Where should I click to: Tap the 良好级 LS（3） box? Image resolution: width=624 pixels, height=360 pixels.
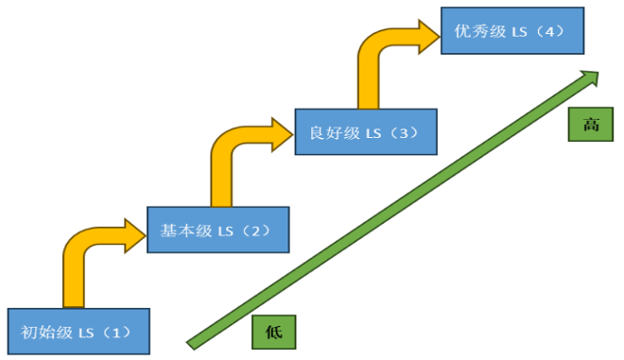[365, 132]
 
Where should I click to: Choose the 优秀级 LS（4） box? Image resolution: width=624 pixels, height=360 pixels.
[511, 32]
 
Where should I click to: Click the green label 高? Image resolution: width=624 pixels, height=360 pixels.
[590, 125]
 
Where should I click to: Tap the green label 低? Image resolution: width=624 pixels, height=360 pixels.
[275, 332]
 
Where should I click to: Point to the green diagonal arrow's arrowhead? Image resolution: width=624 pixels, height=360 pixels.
[591, 77]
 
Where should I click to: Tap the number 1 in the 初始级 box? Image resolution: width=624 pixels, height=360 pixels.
[115, 332]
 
